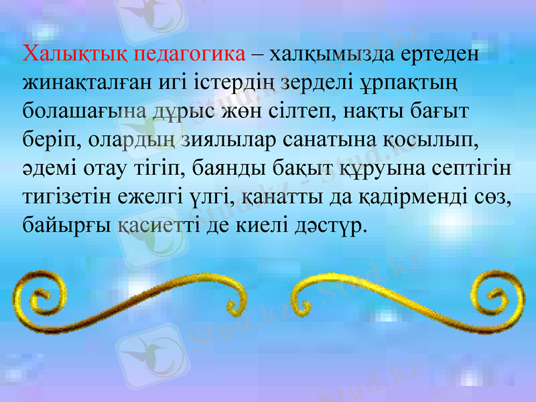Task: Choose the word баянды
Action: click(x=236, y=167)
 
